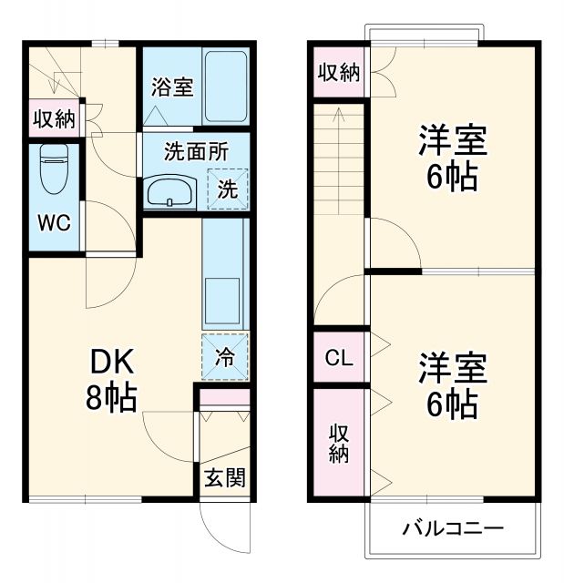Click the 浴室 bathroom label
point(171,88)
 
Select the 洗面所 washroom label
point(195,152)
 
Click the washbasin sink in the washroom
point(170,192)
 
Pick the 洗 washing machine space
point(227,190)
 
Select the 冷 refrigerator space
point(224,357)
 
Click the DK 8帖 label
point(112,380)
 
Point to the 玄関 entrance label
point(223,477)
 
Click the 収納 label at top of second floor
point(338,73)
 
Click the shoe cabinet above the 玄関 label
point(223,400)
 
